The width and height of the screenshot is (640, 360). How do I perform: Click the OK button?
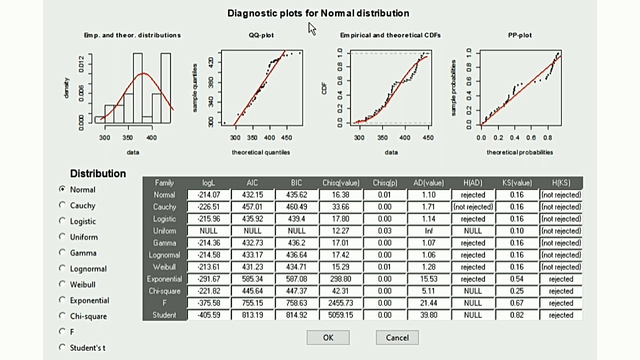click(328, 337)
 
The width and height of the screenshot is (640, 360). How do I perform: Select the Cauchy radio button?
click(62, 205)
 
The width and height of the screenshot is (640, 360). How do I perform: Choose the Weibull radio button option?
click(62, 284)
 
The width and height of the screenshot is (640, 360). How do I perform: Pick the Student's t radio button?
click(62, 347)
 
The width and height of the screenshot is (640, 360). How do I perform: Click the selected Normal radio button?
click(62, 189)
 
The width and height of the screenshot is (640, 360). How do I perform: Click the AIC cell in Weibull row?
click(252, 267)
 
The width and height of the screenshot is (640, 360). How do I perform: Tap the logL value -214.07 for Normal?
click(208, 195)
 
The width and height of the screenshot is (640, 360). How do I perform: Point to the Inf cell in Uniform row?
click(428, 231)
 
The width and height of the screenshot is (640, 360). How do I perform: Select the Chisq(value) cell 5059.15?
click(340, 315)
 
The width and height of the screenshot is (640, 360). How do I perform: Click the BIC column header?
click(296, 183)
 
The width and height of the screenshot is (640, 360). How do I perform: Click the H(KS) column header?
click(561, 183)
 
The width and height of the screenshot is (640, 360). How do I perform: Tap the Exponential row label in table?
click(164, 279)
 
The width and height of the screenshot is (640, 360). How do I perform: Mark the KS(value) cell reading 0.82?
click(517, 315)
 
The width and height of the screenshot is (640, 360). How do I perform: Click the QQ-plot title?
click(261, 35)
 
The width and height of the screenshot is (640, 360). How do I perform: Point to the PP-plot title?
click(520, 35)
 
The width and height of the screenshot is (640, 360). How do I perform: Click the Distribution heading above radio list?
click(98, 173)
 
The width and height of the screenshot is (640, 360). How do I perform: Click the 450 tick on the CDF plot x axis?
click(427, 137)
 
